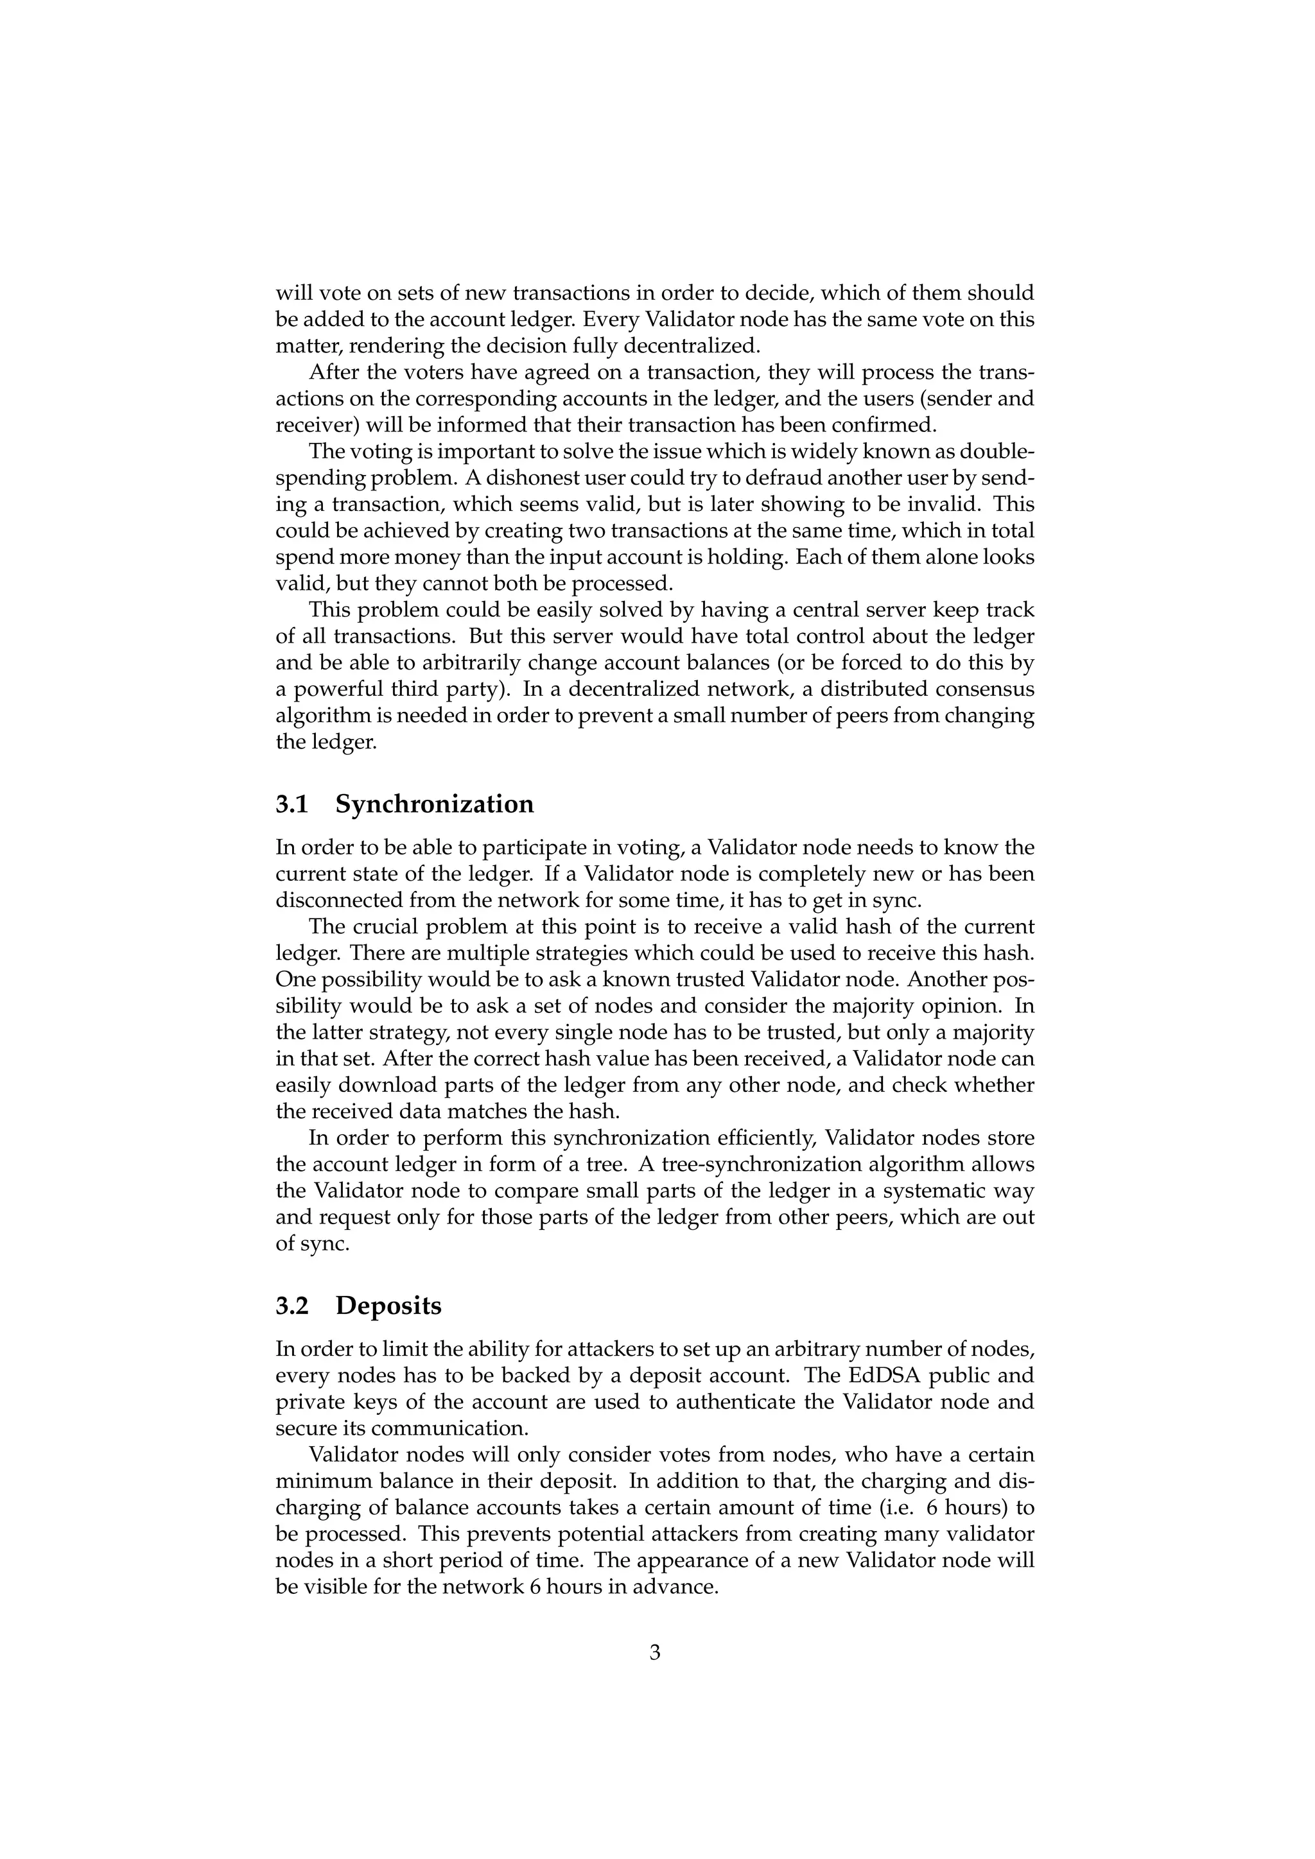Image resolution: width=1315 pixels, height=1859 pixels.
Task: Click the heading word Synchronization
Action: click(435, 805)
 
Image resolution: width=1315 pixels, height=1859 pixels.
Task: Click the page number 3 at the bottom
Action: click(655, 1652)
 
